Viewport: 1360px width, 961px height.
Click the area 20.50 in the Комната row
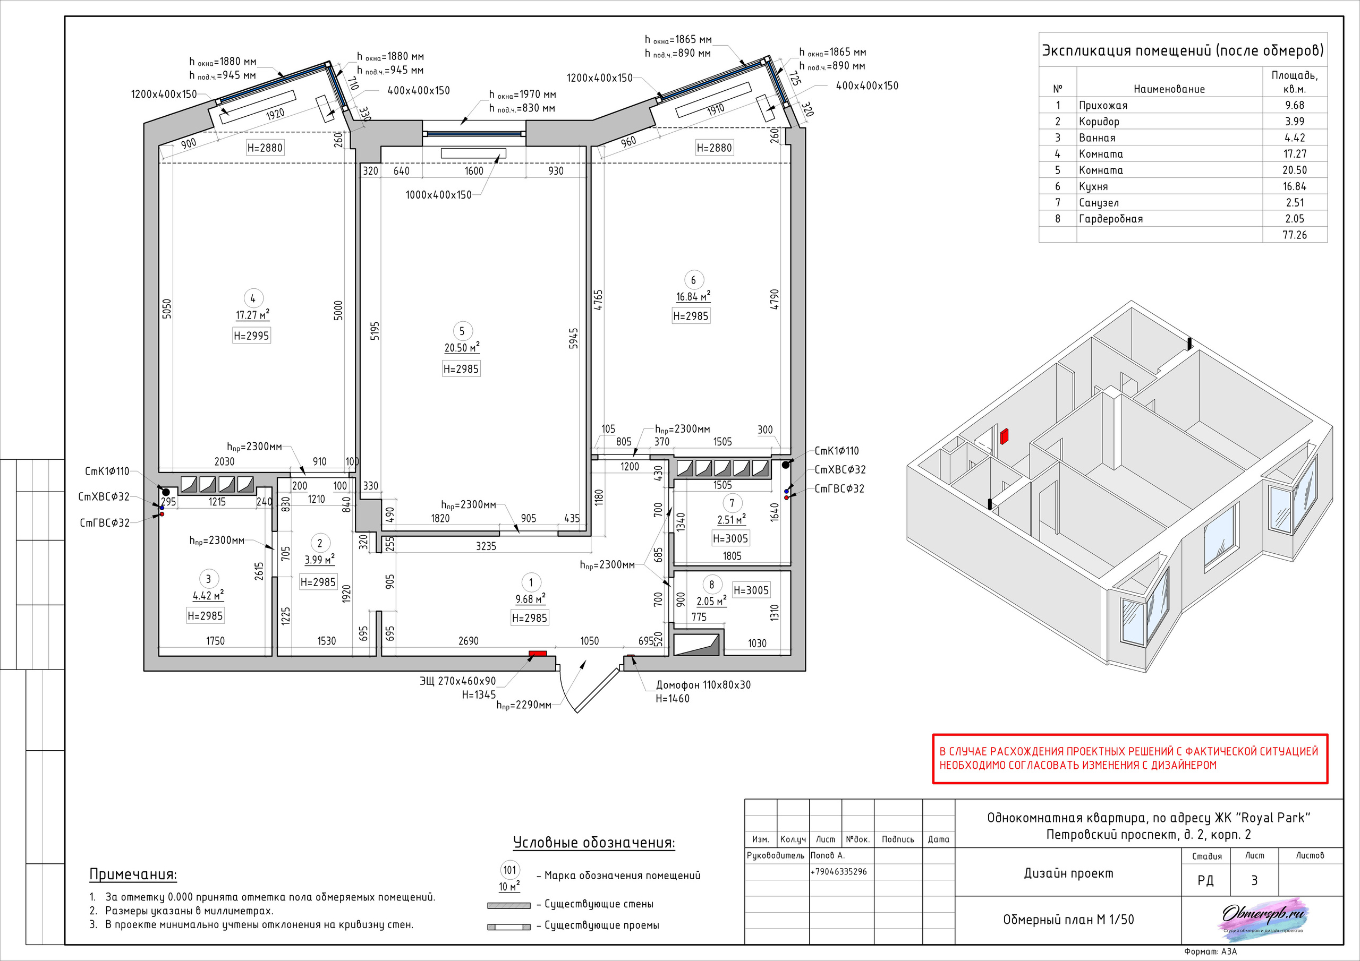pyautogui.click(x=1294, y=170)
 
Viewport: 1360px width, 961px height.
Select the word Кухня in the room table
pyautogui.click(x=1093, y=186)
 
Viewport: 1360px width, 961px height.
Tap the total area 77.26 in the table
pyautogui.click(x=1294, y=235)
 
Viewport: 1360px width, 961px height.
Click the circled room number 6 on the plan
pyautogui.click(x=693, y=279)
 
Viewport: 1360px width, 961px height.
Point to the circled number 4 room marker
pyautogui.click(x=253, y=298)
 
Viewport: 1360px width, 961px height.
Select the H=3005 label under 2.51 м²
pyautogui.click(x=730, y=538)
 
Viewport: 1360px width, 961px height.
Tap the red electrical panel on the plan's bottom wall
pyautogui.click(x=538, y=654)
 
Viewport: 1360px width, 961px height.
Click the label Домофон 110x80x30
pyautogui.click(x=703, y=685)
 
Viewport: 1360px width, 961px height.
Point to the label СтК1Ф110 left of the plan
pyautogui.click(x=107, y=471)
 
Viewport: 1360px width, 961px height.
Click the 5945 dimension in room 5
pyautogui.click(x=573, y=338)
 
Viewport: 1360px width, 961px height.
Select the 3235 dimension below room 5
pyautogui.click(x=486, y=546)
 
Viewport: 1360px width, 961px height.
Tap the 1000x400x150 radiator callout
pyautogui.click(x=438, y=195)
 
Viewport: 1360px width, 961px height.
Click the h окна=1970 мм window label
pyautogui.click(x=522, y=95)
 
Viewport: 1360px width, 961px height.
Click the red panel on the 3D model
pyautogui.click(x=1004, y=437)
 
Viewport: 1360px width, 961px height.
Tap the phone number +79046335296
pyautogui.click(x=838, y=872)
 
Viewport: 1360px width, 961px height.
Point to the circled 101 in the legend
pyautogui.click(x=510, y=870)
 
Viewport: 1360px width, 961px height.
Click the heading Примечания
pyautogui.click(x=133, y=874)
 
